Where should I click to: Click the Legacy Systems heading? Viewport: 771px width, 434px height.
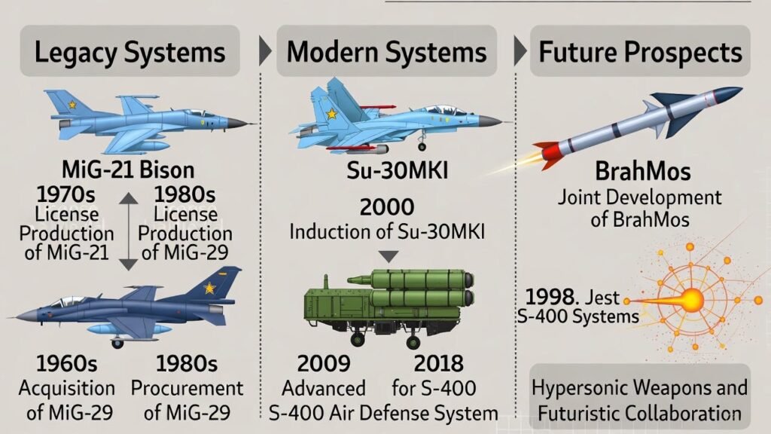coord(130,52)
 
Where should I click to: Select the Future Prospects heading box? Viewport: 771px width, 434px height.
coord(640,51)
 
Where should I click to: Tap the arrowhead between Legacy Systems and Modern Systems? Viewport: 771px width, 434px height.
coord(265,50)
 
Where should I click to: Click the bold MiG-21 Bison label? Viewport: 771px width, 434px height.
coord(128,170)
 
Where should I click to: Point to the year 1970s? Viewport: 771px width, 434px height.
coord(66,195)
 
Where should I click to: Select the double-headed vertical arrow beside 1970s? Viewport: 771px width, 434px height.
coord(128,231)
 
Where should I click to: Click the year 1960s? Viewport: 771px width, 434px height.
coord(66,364)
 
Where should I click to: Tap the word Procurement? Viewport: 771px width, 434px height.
coord(187,389)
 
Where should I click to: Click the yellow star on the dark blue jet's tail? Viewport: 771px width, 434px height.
coord(210,288)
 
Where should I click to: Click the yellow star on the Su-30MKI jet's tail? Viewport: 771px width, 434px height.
coord(332,115)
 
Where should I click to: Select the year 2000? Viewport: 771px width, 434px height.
coord(387,207)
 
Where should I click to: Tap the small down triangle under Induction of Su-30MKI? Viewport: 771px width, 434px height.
coord(389,256)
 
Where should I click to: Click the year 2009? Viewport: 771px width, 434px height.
coord(324,364)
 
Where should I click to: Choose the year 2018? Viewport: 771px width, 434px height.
coord(439,364)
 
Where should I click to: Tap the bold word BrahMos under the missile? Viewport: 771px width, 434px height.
coord(643,172)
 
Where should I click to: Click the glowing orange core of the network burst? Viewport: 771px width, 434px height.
coord(693,299)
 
